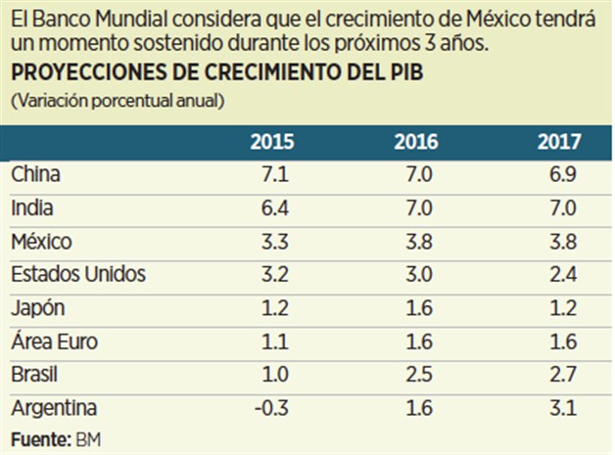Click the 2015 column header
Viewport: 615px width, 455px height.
[271, 141]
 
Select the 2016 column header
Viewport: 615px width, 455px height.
[416, 141]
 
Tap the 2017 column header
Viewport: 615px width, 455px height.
[559, 141]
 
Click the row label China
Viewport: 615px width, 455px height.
[36, 174]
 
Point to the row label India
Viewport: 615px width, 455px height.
[32, 207]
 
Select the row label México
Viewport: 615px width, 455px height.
[40, 241]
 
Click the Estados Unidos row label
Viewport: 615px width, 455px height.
[78, 274]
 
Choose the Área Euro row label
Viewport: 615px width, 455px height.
[55, 341]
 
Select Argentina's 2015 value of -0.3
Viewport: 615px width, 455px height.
[271, 408]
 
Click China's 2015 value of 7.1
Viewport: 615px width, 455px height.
[273, 174]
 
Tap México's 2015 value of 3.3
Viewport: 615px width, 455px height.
[273, 241]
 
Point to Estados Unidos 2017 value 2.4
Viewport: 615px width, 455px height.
[565, 274]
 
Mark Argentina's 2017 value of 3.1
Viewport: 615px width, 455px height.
[565, 408]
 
